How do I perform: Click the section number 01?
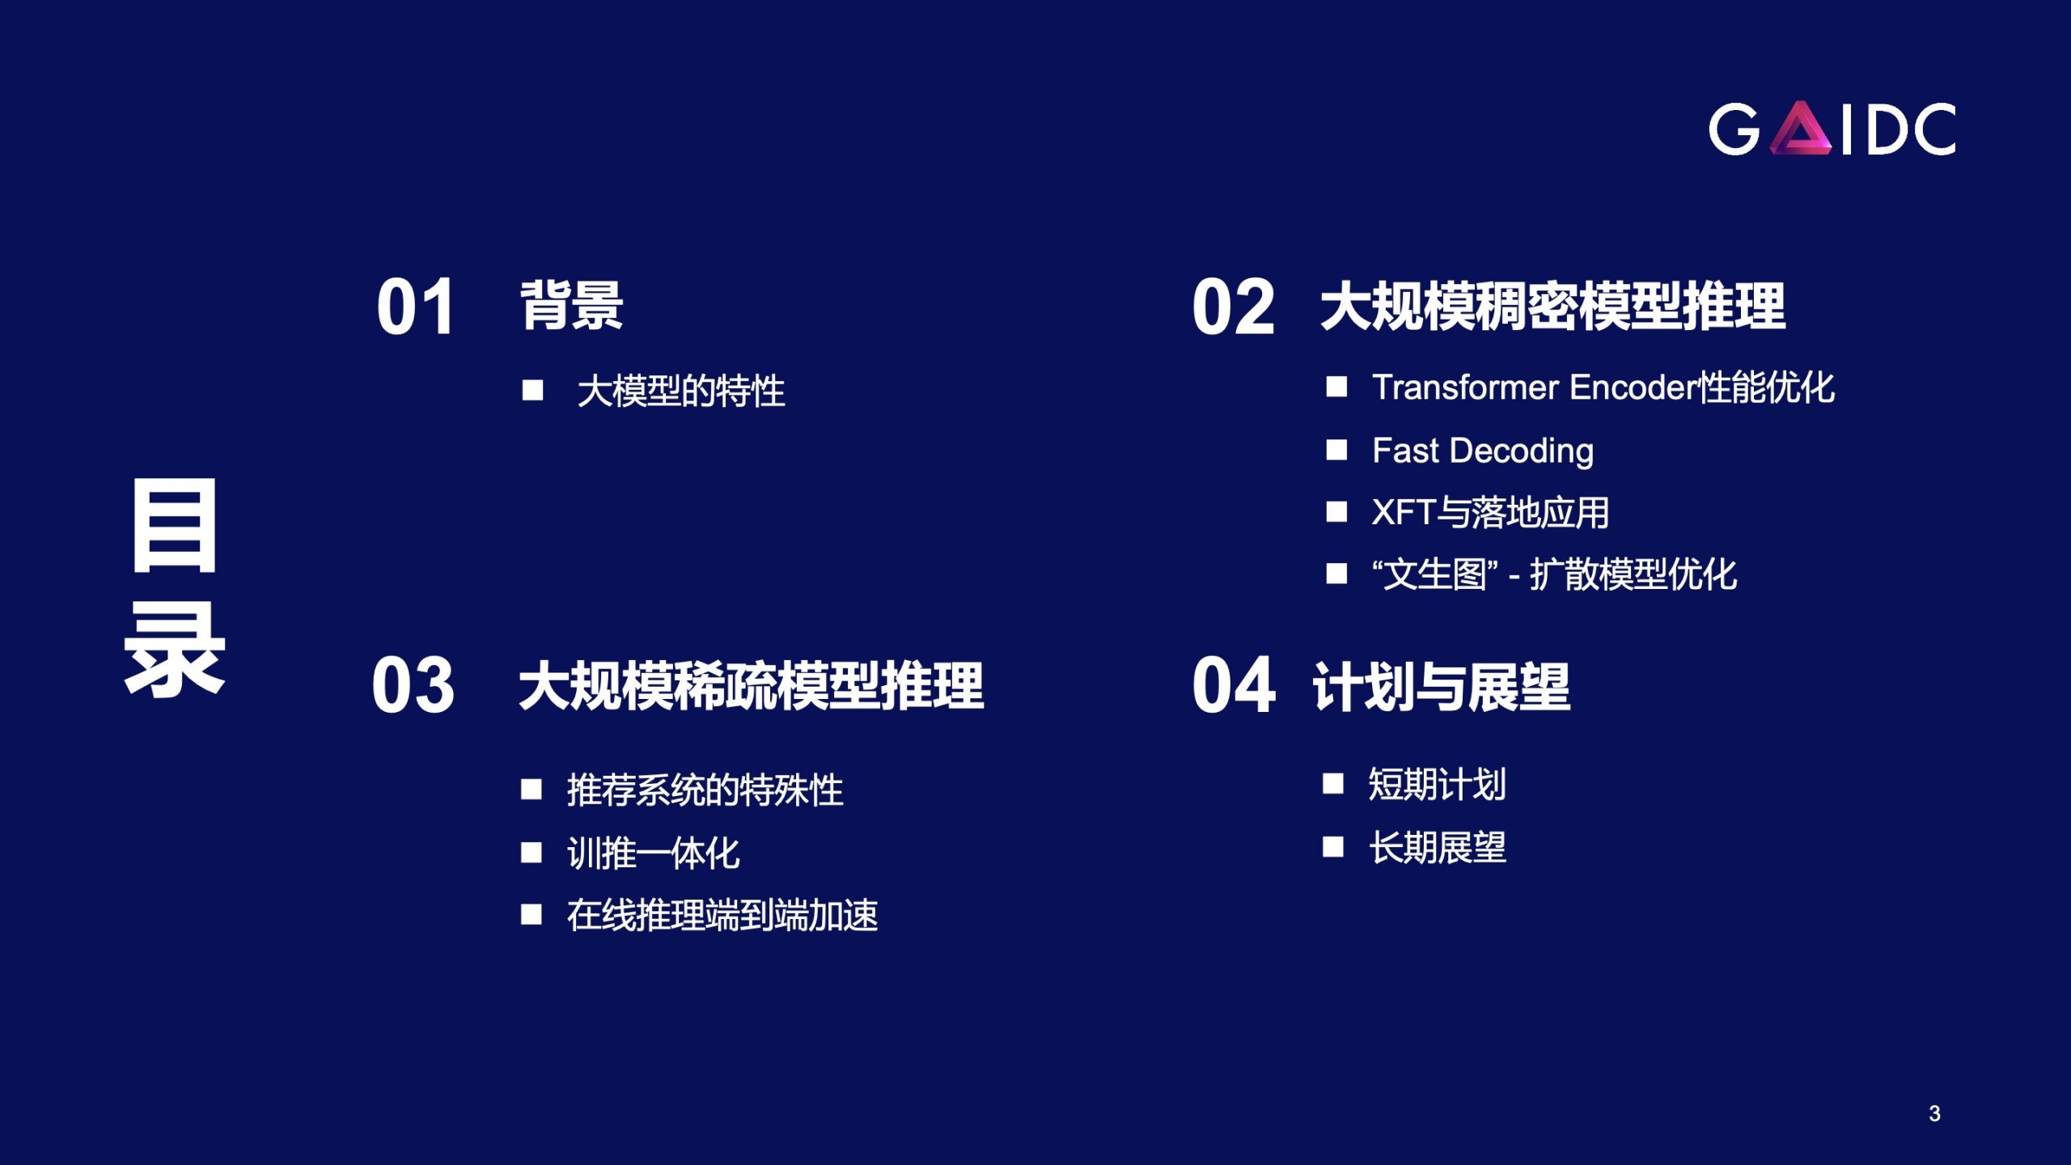414,307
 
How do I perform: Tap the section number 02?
1233,307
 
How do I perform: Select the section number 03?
413,685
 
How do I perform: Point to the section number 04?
1234,685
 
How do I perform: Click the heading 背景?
571,306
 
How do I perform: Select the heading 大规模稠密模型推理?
1553,307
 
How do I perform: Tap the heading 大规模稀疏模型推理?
752,686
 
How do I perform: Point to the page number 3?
1934,1114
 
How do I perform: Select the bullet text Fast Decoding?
1483,451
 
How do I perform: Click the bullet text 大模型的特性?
681,392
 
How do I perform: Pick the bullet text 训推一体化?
654,854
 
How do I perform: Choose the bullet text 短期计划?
1438,784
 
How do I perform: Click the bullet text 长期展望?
1438,848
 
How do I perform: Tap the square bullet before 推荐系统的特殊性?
532,789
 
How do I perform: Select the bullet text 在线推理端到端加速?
722,916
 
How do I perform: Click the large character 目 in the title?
175,525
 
